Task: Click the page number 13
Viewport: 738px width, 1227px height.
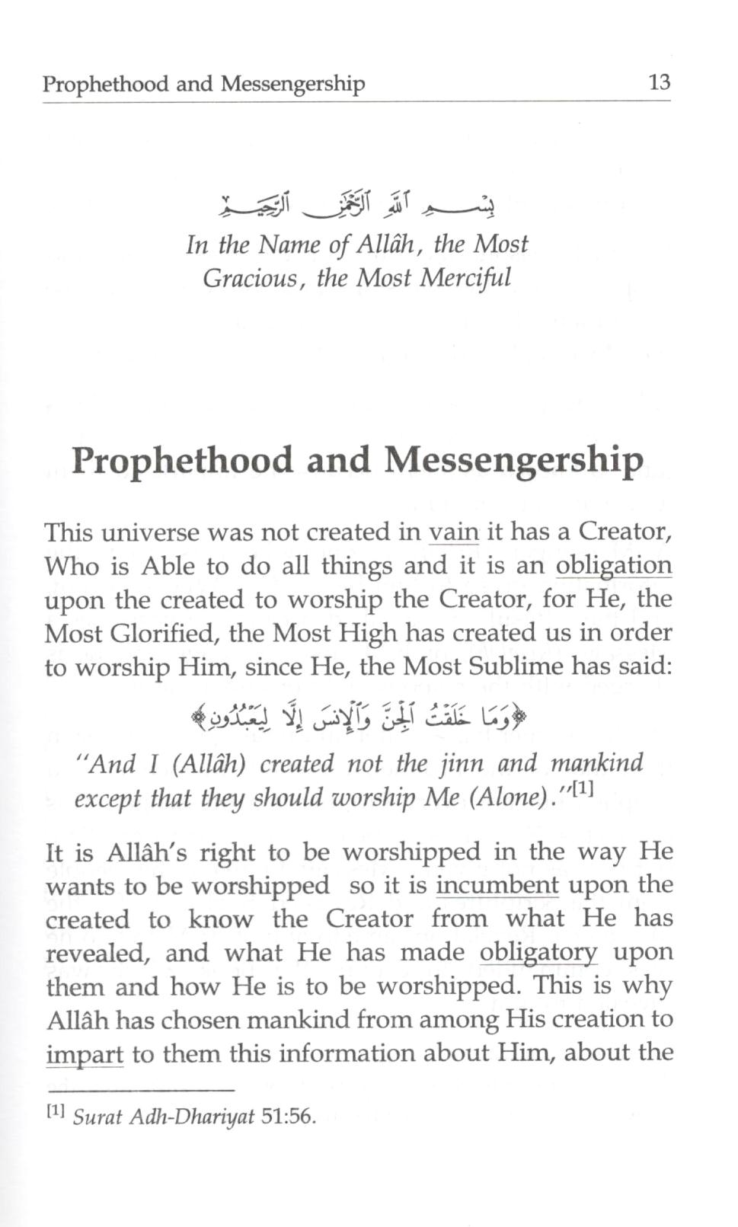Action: pos(659,82)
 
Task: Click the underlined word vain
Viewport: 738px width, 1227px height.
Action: pos(454,531)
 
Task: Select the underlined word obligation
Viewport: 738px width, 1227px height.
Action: pos(614,565)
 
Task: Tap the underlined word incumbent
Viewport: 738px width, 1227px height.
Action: pos(497,884)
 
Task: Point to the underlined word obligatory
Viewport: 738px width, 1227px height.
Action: pos(538,952)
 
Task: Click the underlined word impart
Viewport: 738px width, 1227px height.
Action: pos(85,1053)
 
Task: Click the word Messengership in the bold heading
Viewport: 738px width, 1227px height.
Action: pos(513,459)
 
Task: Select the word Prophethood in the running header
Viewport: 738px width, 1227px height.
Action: pos(105,83)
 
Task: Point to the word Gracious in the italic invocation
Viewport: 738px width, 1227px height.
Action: pos(249,277)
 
